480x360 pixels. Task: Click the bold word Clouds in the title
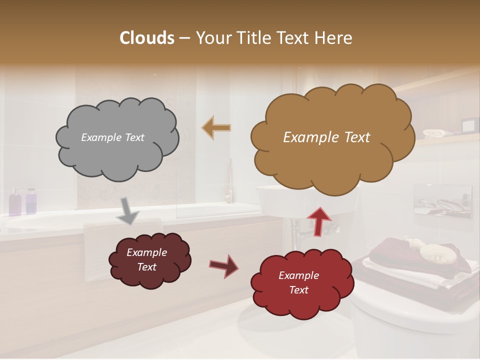click(147, 38)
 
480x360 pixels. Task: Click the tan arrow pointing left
click(216, 128)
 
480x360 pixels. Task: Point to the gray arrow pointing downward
click(128, 210)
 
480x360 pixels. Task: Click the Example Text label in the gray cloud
click(112, 137)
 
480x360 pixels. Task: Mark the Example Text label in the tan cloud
click(326, 137)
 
